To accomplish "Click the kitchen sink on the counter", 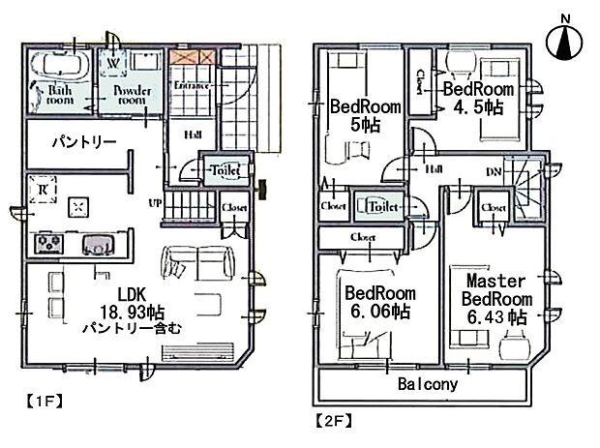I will click(x=98, y=244).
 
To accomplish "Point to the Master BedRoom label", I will click(x=493, y=296).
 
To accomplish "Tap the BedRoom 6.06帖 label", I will click(x=379, y=302).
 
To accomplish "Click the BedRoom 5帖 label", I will click(x=357, y=115).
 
